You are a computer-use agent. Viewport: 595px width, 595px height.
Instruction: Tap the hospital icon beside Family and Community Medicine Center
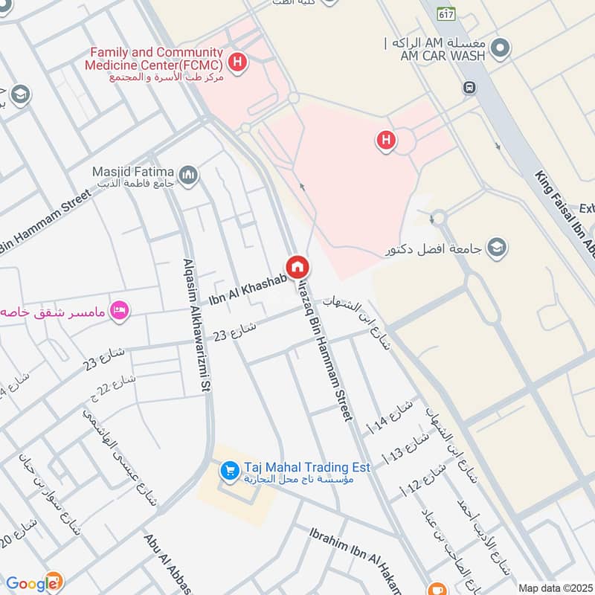click(237, 62)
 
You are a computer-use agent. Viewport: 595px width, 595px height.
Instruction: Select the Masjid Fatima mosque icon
click(189, 175)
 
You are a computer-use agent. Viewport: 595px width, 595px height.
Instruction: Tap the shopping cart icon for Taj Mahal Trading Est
click(229, 471)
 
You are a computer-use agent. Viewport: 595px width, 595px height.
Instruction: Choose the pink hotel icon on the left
click(118, 309)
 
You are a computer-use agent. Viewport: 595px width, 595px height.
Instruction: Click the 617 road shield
click(446, 14)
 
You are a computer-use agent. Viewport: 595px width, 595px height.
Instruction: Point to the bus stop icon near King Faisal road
click(470, 87)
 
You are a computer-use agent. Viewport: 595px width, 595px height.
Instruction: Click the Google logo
click(33, 584)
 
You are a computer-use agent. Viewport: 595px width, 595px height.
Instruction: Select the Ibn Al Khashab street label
click(244, 286)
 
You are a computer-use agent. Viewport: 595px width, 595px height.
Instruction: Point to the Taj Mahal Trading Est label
click(295, 467)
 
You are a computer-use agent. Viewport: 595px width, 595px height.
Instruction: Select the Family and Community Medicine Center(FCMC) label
click(156, 58)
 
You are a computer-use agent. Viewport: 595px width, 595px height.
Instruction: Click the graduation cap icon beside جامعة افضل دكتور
click(496, 246)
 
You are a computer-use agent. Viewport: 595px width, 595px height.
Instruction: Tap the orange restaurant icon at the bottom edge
click(438, 588)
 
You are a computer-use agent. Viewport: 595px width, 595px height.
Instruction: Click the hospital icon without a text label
click(385, 139)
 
